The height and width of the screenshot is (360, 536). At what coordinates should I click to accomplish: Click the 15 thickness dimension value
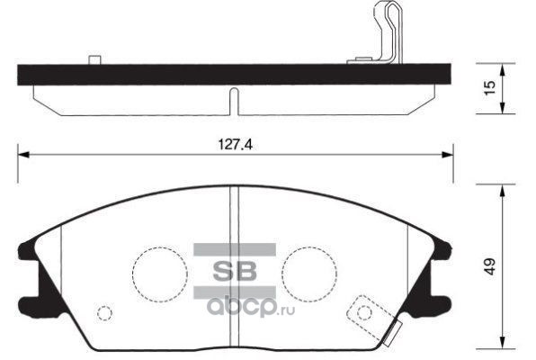click(489, 87)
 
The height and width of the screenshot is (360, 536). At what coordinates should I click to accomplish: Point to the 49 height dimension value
click(489, 266)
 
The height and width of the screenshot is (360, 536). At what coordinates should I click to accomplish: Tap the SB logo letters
click(235, 271)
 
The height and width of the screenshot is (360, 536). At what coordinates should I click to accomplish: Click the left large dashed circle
click(132, 274)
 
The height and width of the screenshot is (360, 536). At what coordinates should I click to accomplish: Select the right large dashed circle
click(281, 274)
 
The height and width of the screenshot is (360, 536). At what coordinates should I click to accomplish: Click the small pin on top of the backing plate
click(94, 59)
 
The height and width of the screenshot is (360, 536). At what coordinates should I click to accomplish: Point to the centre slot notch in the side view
click(234, 102)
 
